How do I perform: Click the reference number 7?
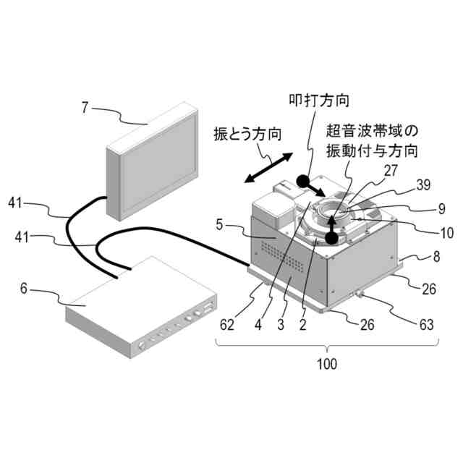(x=85, y=108)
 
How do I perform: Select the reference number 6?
(x=23, y=288)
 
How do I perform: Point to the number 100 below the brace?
(x=328, y=364)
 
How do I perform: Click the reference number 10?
(x=446, y=233)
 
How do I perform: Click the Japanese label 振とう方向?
(x=248, y=134)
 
